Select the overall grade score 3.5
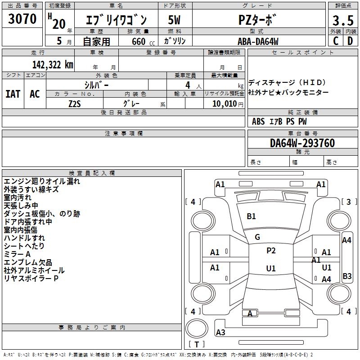click(x=342, y=21)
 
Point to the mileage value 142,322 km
click(x=53, y=65)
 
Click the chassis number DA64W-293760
click(x=302, y=143)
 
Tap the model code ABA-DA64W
click(x=258, y=41)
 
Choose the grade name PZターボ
click(x=258, y=21)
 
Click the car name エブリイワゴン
click(x=117, y=21)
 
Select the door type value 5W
click(x=175, y=21)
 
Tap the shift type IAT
click(x=13, y=94)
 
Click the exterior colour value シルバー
click(x=97, y=84)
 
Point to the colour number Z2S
click(x=75, y=103)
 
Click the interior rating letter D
click(x=350, y=41)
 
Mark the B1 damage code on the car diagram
click(x=251, y=216)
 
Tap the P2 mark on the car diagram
click(x=271, y=251)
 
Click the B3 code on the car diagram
click(x=347, y=276)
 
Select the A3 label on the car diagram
click(x=220, y=333)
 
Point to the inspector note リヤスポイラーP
click(x=31, y=279)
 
